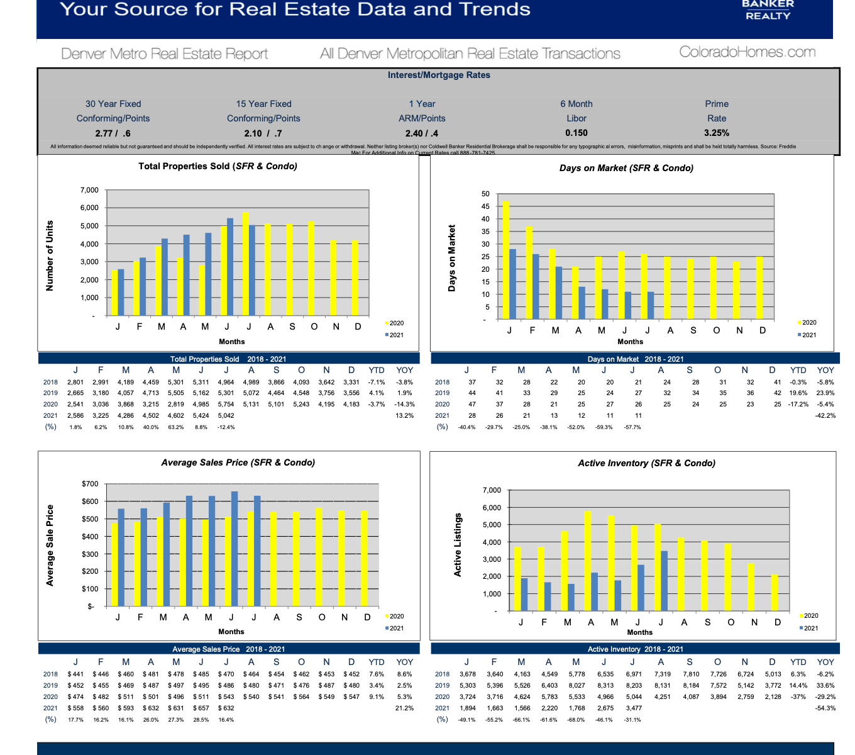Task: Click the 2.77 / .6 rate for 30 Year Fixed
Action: tap(113, 133)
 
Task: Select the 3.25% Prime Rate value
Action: tap(717, 133)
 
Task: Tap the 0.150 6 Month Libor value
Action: tap(576, 133)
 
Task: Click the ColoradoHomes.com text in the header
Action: tap(747, 52)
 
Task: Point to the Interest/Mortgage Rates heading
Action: tap(439, 75)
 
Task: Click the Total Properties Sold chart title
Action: tap(218, 167)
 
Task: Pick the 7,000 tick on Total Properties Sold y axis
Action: tap(89, 190)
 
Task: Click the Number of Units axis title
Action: tap(50, 255)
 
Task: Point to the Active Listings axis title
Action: tap(458, 545)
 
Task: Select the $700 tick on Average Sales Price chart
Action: tap(90, 484)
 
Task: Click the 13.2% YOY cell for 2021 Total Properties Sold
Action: tap(404, 415)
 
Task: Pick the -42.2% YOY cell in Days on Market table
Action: tap(825, 415)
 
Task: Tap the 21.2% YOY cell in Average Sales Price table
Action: tap(404, 708)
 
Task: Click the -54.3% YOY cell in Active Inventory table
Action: tap(825, 708)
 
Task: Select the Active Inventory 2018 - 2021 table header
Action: tap(635, 649)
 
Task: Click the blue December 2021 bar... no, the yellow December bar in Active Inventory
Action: tap(775, 592)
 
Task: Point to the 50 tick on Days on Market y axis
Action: tap(485, 194)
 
